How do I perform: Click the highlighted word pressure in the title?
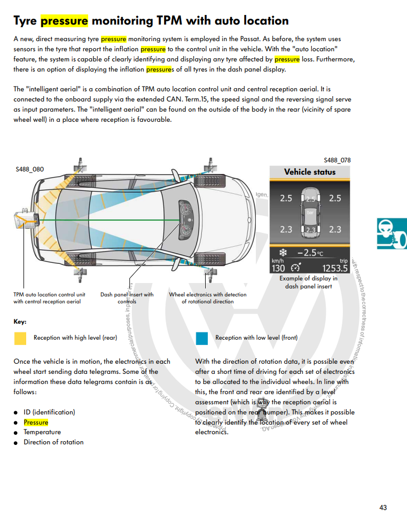pyautogui.click(x=64, y=21)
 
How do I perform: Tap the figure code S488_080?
pyautogui.click(x=30, y=169)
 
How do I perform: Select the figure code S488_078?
pyautogui.click(x=337, y=160)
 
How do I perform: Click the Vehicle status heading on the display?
pyautogui.click(x=310, y=172)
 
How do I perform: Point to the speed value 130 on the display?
pyautogui.click(x=278, y=268)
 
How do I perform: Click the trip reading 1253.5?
pyautogui.click(x=335, y=268)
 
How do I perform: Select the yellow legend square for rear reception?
pyautogui.click(x=20, y=338)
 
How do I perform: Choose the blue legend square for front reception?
pyautogui.click(x=202, y=338)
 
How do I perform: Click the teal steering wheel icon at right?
pyautogui.click(x=392, y=233)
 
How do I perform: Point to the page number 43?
pyautogui.click(x=383, y=508)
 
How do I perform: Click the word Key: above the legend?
pyautogui.click(x=20, y=322)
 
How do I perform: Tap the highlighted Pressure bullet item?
pyautogui.click(x=36, y=422)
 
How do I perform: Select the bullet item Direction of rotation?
pyautogui.click(x=53, y=442)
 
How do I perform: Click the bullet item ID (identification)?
pyautogui.click(x=49, y=412)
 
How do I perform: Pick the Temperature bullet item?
pyautogui.click(x=42, y=432)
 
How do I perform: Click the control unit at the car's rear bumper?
pyautogui.click(x=25, y=220)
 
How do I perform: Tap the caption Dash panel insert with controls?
pyautogui.click(x=127, y=298)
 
